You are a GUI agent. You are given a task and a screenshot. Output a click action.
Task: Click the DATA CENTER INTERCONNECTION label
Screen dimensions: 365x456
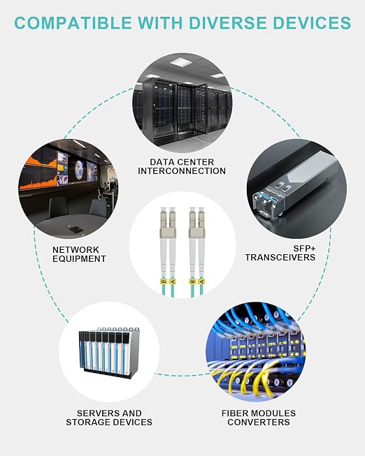[182, 166]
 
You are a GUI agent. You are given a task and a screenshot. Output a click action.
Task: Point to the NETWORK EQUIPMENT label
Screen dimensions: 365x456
[79, 254]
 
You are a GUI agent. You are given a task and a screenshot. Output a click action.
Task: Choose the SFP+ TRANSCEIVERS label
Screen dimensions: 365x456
[280, 253]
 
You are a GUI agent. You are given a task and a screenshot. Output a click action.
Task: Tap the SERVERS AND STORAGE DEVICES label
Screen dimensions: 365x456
[109, 418]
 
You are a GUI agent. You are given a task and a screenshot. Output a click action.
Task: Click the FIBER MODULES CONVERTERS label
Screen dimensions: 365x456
[259, 418]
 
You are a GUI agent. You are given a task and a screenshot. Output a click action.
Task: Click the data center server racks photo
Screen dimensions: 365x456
[182, 103]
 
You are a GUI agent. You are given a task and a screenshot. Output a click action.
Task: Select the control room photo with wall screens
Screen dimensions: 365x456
[69, 189]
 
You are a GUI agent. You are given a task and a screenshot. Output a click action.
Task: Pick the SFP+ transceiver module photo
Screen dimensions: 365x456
[297, 189]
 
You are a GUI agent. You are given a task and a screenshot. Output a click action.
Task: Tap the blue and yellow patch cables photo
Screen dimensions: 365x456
[256, 351]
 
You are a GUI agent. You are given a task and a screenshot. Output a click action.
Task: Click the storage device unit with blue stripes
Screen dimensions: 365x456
[109, 353]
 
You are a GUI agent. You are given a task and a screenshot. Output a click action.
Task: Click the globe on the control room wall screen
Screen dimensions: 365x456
[79, 170]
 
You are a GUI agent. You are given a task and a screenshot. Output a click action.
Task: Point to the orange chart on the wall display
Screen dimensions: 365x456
[38, 174]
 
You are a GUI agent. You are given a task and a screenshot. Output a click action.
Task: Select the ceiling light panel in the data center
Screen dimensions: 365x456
[181, 61]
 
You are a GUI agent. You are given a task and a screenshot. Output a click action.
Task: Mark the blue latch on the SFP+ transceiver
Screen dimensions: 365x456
[266, 198]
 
